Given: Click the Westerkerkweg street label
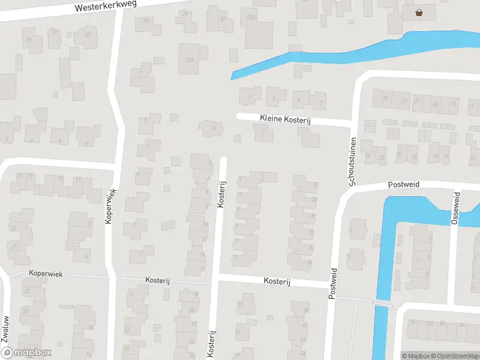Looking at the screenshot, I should click(x=106, y=7).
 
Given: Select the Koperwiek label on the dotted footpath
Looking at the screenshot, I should click(x=46, y=272).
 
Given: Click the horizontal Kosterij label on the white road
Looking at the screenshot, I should click(x=277, y=281).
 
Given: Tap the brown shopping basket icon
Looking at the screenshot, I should click(x=418, y=11).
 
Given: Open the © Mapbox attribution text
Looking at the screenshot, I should click(x=416, y=356).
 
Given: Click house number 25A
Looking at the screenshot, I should click(x=251, y=18).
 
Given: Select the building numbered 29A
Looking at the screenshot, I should click(x=190, y=59).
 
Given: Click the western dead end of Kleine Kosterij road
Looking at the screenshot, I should click(x=239, y=116).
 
